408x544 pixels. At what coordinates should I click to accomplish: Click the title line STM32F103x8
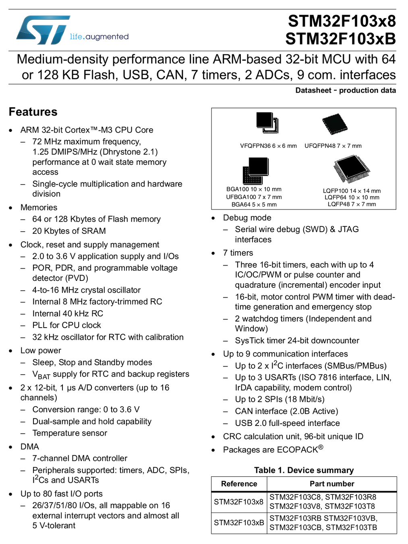[342, 21]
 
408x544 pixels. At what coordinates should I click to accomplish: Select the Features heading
[33, 112]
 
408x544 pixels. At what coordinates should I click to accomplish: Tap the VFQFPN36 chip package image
[267, 123]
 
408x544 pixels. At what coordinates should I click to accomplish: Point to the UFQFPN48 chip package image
[335, 124]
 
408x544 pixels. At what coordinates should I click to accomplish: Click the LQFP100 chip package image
[352, 169]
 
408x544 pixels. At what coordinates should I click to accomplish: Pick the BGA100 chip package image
[255, 170]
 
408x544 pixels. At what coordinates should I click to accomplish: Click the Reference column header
[239, 484]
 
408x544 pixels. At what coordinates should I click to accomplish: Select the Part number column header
[332, 484]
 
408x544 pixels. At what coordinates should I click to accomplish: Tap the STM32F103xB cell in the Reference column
[239, 523]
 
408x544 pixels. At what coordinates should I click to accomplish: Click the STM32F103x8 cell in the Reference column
[238, 502]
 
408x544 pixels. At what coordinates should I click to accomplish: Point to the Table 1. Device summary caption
[304, 470]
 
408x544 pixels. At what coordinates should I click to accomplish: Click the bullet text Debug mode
[247, 218]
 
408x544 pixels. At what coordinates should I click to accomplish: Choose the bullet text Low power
[41, 351]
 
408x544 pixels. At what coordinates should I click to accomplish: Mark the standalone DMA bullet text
[30, 446]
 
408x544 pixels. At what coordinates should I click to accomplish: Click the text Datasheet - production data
[345, 90]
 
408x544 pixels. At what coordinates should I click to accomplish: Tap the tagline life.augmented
[99, 37]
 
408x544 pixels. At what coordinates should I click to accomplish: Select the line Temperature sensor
[70, 433]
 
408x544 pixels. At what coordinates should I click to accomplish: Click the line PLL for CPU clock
[66, 325]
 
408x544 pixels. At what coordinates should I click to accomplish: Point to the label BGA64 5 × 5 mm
[254, 204]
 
